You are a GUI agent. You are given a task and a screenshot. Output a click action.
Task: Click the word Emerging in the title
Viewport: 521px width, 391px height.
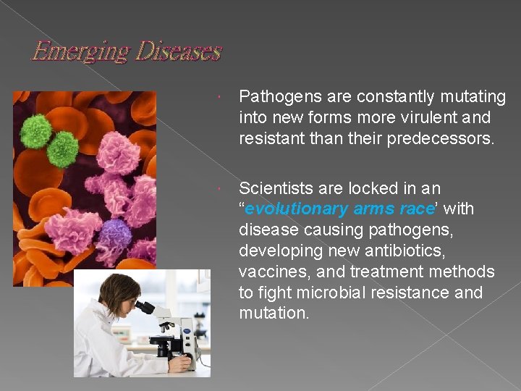click(x=69, y=52)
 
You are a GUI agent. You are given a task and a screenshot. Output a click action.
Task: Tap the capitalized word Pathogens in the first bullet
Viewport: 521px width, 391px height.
click(x=276, y=97)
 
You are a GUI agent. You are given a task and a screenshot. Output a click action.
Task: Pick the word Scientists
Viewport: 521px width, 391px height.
click(x=274, y=189)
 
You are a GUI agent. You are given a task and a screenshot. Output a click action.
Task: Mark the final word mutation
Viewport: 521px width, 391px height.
click(x=273, y=313)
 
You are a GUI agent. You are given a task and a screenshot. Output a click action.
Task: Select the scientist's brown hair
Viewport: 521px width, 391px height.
click(x=116, y=290)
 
